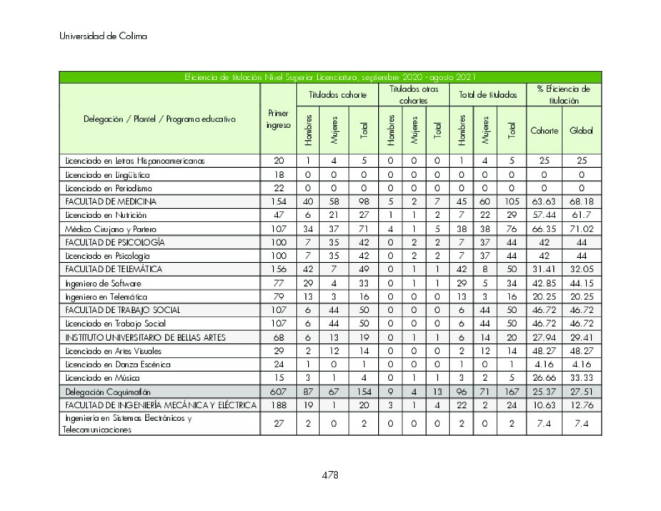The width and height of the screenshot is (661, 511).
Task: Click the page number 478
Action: click(329, 475)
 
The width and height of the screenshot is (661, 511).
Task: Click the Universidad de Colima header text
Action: click(103, 36)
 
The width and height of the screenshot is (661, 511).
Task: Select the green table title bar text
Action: click(330, 77)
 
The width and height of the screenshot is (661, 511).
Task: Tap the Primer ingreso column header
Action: click(278, 119)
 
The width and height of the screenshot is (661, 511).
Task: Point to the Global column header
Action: click(581, 130)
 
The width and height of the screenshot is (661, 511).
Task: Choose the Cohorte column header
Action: click(544, 130)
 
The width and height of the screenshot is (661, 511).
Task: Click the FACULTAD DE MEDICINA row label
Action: click(111, 202)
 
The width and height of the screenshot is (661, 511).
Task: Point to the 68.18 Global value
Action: click(581, 202)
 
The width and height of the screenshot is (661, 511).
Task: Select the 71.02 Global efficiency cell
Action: click(581, 229)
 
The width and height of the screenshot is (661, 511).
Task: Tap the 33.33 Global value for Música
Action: click(581, 378)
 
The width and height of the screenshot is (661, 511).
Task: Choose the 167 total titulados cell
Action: click(512, 392)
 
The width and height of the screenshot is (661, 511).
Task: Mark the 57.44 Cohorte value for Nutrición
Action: click(544, 215)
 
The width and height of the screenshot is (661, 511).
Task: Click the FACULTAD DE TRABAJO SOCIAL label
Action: click(122, 310)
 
